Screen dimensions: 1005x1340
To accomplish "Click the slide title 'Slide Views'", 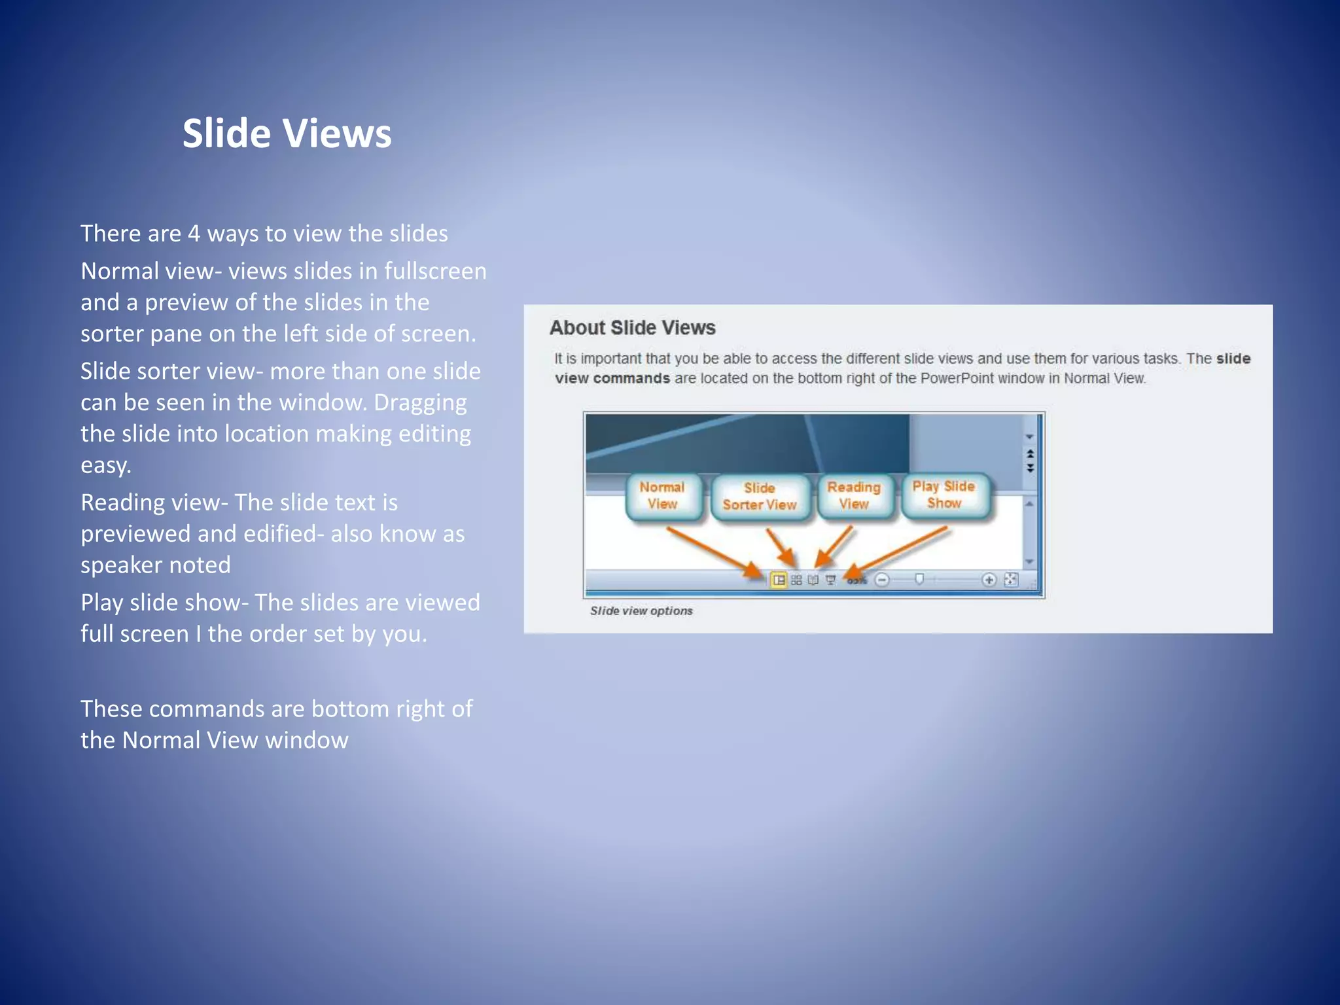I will click(x=287, y=133).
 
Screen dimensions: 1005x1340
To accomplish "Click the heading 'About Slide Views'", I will click(x=632, y=328).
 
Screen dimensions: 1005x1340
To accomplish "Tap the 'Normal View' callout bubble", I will click(x=662, y=496).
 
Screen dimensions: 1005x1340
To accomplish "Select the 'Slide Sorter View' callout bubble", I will click(x=759, y=497).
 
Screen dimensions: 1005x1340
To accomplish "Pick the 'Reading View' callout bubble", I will click(x=854, y=496).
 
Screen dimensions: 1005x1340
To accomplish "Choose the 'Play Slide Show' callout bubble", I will click(x=943, y=495).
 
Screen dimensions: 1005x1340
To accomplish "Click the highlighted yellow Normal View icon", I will click(x=779, y=580).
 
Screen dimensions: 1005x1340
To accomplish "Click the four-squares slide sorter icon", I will click(x=796, y=580).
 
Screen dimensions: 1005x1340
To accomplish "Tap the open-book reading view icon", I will click(x=813, y=580).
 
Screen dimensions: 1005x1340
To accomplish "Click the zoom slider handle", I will click(x=919, y=579).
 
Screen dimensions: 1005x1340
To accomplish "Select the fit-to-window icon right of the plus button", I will click(x=1011, y=579).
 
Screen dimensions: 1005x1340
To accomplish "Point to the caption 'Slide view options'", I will click(x=641, y=610).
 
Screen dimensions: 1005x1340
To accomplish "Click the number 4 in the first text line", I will click(x=194, y=234).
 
